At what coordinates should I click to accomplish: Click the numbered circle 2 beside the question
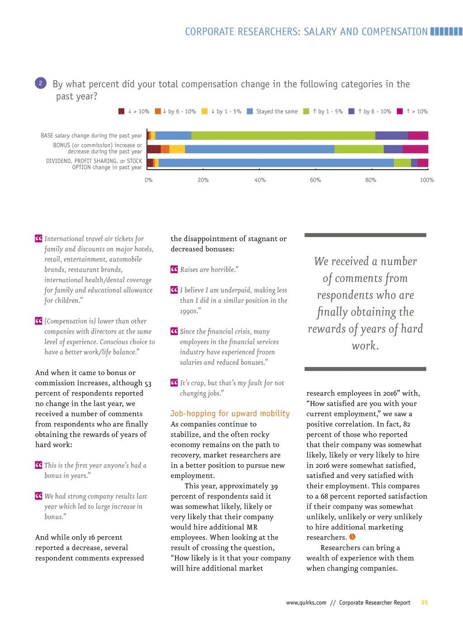(40, 83)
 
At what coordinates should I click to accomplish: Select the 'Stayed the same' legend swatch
(250, 111)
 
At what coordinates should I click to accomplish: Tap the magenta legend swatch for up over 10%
(400, 111)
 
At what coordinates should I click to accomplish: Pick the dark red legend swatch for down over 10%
(121, 111)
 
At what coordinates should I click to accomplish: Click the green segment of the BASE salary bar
(283, 135)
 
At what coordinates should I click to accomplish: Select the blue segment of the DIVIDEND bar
(276, 163)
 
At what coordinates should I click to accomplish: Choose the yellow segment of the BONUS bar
(177, 149)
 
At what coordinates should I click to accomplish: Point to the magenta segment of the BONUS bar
(415, 149)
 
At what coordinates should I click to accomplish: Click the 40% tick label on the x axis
(260, 180)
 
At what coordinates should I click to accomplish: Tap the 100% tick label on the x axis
(426, 180)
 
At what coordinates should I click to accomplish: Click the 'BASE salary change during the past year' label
(91, 136)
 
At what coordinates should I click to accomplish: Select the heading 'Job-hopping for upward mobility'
(230, 413)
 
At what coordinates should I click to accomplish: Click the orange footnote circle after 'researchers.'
(353, 537)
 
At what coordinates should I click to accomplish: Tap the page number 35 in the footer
(424, 603)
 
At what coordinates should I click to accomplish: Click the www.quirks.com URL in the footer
(306, 603)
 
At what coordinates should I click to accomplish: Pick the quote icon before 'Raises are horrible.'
(174, 269)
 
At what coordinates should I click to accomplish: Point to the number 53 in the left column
(148, 383)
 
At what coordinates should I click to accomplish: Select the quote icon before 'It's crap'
(174, 383)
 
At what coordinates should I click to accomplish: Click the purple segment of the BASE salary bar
(391, 135)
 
